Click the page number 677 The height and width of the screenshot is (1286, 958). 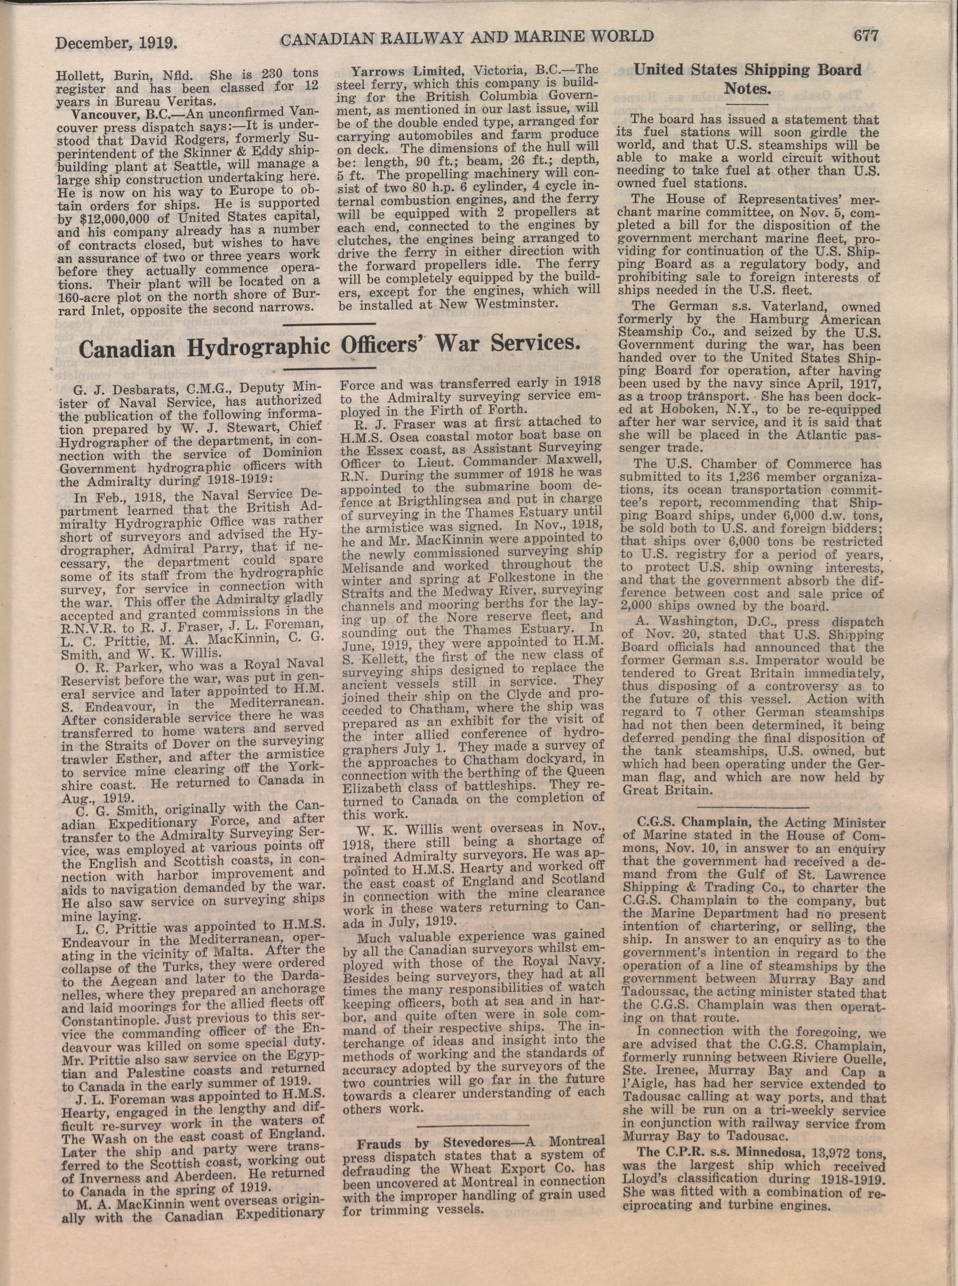[x=866, y=36]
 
